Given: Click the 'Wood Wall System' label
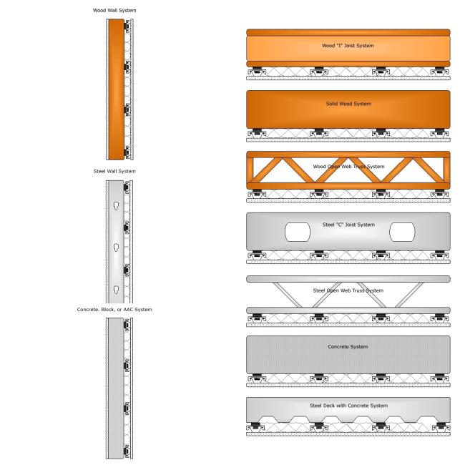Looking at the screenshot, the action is click(114, 11).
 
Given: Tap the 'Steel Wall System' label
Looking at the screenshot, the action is click(114, 171).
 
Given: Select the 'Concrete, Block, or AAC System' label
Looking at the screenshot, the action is click(114, 309).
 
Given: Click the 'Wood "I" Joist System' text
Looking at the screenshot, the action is click(348, 46).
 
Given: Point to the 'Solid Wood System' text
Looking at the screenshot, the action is click(349, 104).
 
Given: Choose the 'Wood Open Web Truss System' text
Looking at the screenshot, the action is click(349, 167).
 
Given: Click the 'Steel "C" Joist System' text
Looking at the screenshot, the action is click(349, 225).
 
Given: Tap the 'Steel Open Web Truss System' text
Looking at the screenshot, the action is click(348, 290).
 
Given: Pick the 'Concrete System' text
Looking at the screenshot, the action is click(348, 347).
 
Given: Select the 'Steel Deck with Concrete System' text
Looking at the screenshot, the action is click(349, 406).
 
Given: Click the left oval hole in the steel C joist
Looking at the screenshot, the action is click(298, 232).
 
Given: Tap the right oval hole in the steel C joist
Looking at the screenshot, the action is click(402, 232).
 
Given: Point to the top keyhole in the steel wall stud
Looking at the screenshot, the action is click(116, 206).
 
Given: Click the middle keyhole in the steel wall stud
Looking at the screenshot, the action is click(116, 248).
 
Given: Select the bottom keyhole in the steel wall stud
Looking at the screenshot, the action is click(116, 290).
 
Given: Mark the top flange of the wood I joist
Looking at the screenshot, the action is click(348, 33).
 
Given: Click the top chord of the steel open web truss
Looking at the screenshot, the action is click(348, 279).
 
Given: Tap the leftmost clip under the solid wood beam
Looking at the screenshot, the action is click(257, 132).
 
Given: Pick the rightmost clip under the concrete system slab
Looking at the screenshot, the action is click(439, 378).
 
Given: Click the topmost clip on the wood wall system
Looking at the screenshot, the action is click(127, 26).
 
